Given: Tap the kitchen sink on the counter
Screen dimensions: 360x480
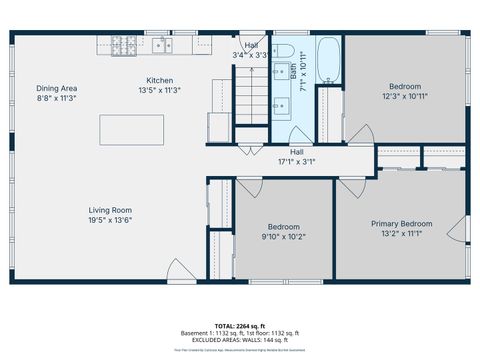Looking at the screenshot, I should coord(161,44).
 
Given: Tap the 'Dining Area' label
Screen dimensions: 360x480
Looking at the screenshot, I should coord(57,88).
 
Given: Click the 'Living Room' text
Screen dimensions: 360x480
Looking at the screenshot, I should coord(111,210).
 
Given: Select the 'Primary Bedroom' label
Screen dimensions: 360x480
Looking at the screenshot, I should coord(401,224).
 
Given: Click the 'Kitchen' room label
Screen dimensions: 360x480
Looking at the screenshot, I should coord(161,80).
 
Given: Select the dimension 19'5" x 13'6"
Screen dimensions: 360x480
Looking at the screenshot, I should coord(111,221).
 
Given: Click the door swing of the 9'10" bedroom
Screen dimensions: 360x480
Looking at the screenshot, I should coord(249,184).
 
